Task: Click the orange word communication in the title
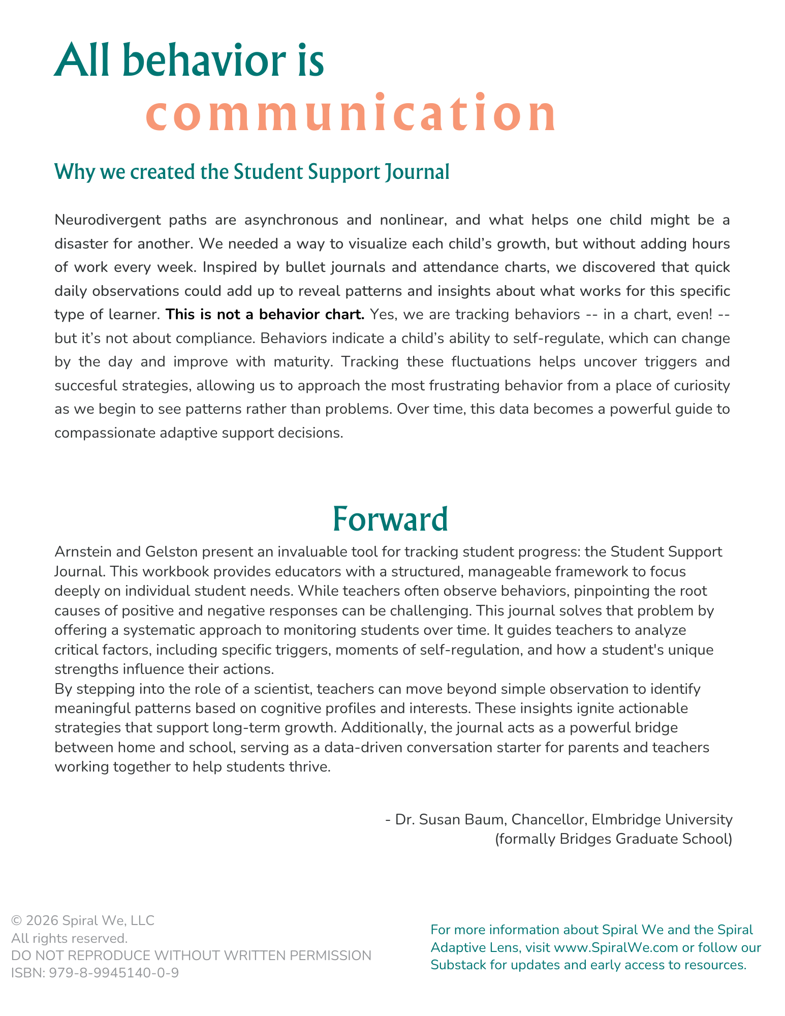[351, 114]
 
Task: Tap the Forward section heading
[390, 519]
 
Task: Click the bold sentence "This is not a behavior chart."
[265, 315]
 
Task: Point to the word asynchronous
[291, 220]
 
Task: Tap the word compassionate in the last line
[104, 433]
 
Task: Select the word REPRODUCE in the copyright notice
[102, 956]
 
